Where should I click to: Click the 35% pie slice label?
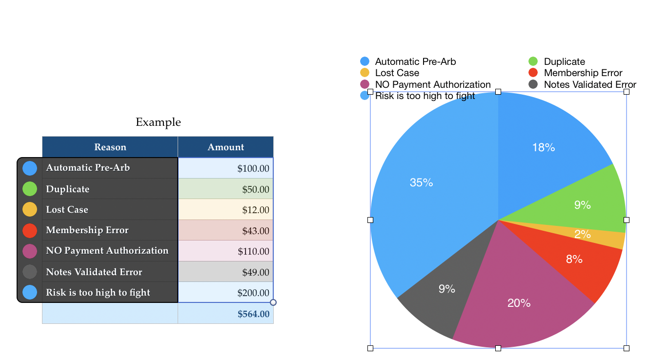pyautogui.click(x=422, y=182)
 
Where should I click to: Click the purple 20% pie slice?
pyautogui.click(x=519, y=303)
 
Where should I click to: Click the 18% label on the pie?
pyautogui.click(x=543, y=147)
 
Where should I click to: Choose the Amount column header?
pyautogui.click(x=225, y=147)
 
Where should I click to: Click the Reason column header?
pyautogui.click(x=110, y=147)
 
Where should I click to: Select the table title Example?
pyautogui.click(x=158, y=122)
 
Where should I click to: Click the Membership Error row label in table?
pyautogui.click(x=87, y=230)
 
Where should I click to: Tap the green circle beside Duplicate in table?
pyautogui.click(x=30, y=189)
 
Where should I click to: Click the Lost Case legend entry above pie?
pyautogui.click(x=397, y=73)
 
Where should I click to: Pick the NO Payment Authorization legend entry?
pyautogui.click(x=432, y=84)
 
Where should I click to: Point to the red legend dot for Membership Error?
pyautogui.click(x=533, y=73)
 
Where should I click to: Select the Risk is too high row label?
pyautogui.click(x=98, y=293)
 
